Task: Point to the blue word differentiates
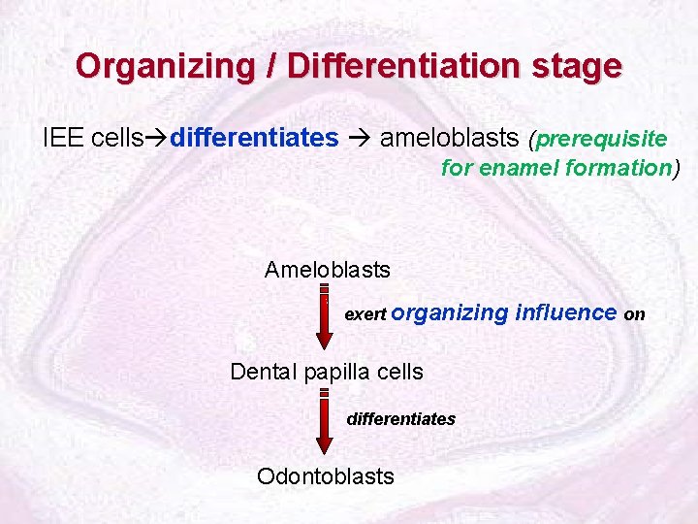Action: click(254, 138)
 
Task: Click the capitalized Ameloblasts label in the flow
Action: click(328, 269)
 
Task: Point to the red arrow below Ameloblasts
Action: click(325, 315)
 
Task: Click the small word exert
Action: click(366, 314)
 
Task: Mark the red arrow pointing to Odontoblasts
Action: click(325, 422)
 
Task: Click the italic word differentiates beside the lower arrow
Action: click(401, 419)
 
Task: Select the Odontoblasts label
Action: click(326, 475)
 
